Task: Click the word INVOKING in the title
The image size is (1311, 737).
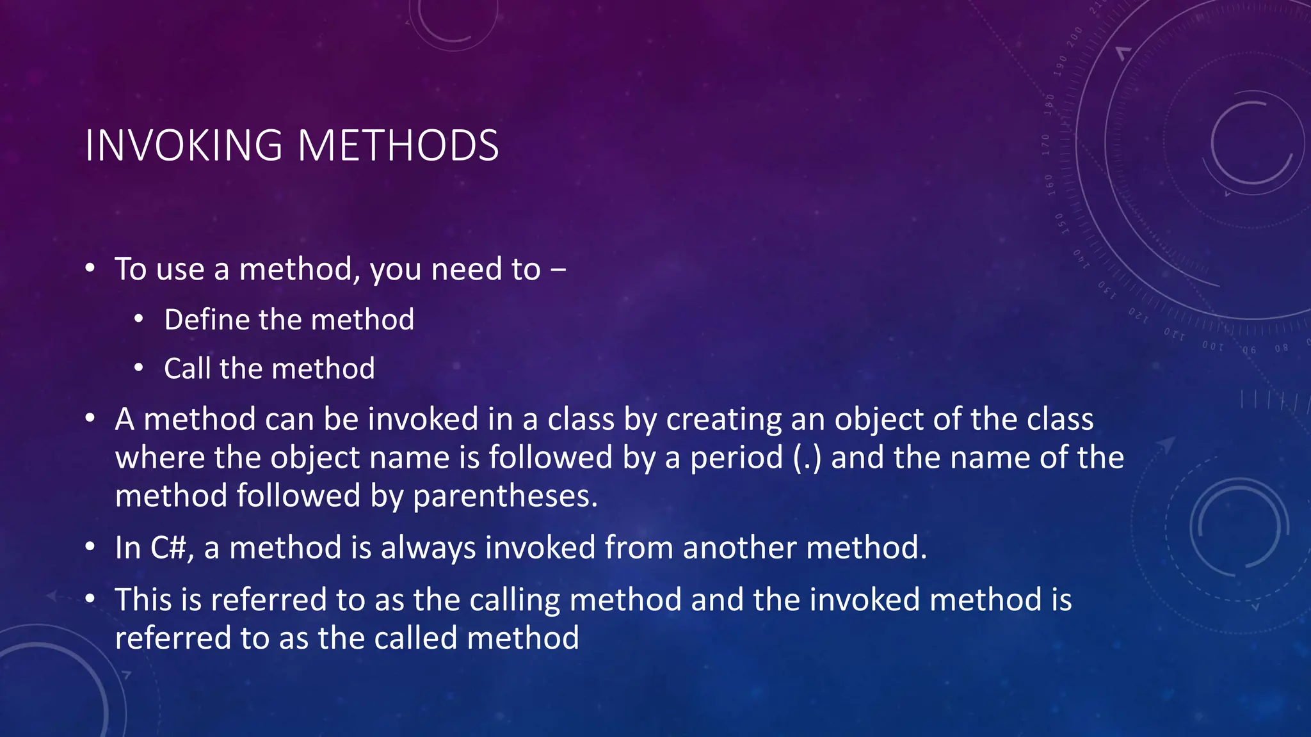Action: (184, 146)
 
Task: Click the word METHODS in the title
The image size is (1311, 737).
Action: (398, 146)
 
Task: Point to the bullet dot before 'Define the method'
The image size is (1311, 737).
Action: (139, 319)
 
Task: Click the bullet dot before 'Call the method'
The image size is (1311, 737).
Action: (139, 368)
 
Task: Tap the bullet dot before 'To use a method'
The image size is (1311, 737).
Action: (90, 269)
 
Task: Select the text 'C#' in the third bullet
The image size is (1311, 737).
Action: (170, 548)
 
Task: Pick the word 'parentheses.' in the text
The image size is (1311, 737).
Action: (505, 496)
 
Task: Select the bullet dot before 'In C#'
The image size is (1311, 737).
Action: (90, 548)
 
